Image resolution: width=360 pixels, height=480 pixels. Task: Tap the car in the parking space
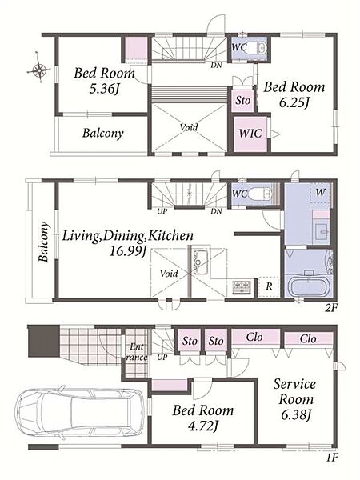(x=79, y=411)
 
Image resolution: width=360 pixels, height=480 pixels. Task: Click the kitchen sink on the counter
(x=201, y=262)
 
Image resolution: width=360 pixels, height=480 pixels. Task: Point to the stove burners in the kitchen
(x=242, y=287)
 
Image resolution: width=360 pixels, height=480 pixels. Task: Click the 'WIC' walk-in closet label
(x=250, y=134)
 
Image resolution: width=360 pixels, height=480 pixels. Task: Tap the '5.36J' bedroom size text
(x=104, y=89)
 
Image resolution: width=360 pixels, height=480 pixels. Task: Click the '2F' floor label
(x=331, y=307)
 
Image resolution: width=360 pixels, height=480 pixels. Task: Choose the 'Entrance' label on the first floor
(x=137, y=352)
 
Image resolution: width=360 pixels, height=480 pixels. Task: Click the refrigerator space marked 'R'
(x=269, y=287)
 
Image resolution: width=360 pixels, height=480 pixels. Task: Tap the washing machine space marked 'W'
(x=320, y=193)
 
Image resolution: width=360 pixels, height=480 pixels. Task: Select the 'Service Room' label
(x=294, y=391)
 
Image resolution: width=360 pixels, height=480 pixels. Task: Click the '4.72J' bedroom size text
(x=203, y=426)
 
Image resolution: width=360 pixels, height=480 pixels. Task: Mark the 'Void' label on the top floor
(x=189, y=127)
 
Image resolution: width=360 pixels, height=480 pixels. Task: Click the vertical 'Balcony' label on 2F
(x=44, y=242)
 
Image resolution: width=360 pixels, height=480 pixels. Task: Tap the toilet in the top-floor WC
(x=258, y=48)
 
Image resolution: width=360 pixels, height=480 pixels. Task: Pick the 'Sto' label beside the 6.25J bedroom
(x=242, y=100)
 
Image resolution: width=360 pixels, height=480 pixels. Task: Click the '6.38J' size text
(x=296, y=414)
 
